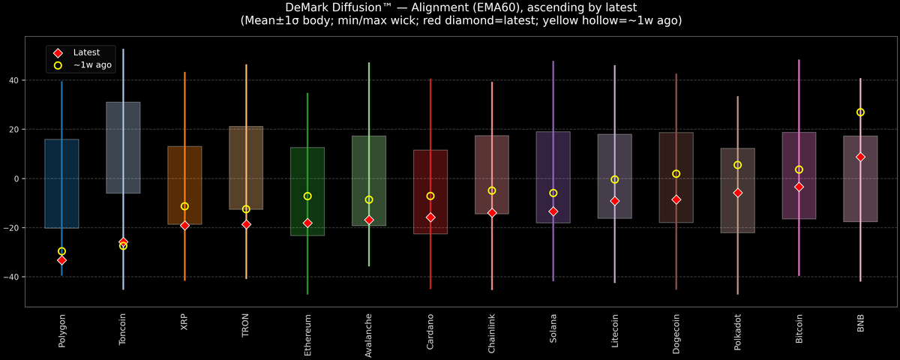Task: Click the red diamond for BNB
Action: click(860, 157)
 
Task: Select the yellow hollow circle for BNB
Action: click(860, 112)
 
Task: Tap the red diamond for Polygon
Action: click(61, 260)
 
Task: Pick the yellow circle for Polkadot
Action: click(737, 165)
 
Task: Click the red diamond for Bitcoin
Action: click(799, 187)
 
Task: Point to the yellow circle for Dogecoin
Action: click(676, 174)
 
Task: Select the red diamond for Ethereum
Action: click(307, 223)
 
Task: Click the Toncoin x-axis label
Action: click(123, 331)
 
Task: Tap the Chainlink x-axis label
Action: click(492, 333)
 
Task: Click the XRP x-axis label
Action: click(184, 322)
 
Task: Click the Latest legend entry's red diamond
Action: click(58, 52)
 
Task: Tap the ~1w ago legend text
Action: click(92, 65)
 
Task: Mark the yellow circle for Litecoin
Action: click(614, 180)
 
